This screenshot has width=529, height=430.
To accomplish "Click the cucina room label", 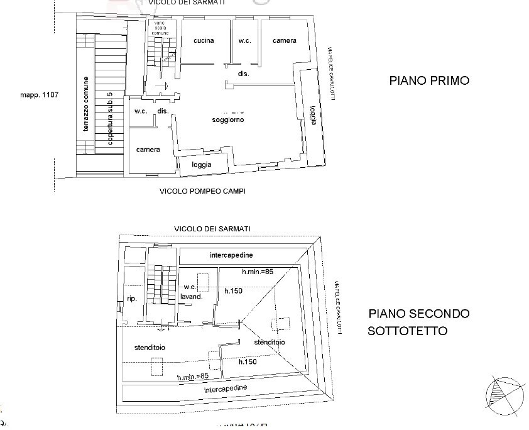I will click(204, 41).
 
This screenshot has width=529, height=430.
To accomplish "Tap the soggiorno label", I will click(227, 119).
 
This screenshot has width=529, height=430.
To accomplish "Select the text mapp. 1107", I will click(39, 95).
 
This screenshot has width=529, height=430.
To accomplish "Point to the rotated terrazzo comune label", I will click(86, 104).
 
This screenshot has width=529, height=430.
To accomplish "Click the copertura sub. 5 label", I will click(110, 119).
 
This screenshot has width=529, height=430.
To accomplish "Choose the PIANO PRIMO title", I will click(429, 80).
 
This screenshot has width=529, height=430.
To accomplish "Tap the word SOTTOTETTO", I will click(408, 331).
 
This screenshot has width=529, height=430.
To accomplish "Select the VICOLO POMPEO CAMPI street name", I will click(202, 190).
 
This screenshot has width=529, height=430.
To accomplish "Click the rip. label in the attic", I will click(132, 299).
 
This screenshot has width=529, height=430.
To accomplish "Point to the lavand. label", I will click(192, 297).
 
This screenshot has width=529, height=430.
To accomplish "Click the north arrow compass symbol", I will click(504, 394).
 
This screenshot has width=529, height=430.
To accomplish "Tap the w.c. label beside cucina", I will click(245, 41).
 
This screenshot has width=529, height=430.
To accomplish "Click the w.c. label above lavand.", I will click(190, 288).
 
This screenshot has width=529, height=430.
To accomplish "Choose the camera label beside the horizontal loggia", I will click(148, 150).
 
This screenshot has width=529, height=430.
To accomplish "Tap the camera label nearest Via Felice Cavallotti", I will click(284, 41).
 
